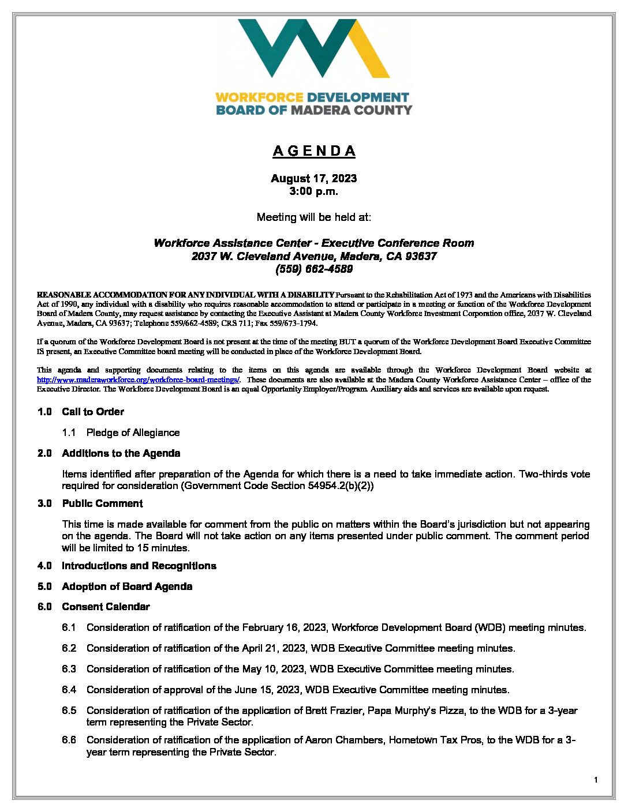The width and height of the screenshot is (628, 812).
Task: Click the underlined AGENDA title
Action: (x=314, y=151)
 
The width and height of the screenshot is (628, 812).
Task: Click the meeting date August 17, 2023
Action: (x=314, y=179)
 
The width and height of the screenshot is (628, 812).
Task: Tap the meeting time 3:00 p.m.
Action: (x=314, y=191)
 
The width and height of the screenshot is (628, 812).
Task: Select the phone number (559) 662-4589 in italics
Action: (x=314, y=269)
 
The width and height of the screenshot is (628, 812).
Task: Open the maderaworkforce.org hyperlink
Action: (x=138, y=380)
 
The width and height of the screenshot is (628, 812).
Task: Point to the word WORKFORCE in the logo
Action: (x=259, y=97)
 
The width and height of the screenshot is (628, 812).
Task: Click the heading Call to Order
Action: (x=93, y=412)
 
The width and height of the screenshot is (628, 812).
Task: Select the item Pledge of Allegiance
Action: (x=133, y=433)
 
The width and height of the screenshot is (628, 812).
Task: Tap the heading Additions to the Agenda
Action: (x=121, y=453)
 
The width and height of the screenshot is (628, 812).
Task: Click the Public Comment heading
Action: (x=102, y=503)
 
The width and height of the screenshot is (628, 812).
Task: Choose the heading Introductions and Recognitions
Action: (x=139, y=566)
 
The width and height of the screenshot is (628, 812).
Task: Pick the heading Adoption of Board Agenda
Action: (x=127, y=587)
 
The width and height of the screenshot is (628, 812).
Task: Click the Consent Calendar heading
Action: (x=106, y=607)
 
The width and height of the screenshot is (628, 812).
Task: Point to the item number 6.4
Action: (x=69, y=690)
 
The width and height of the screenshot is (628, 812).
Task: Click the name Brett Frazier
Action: (x=334, y=710)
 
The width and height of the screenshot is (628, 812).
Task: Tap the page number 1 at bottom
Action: (x=596, y=780)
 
